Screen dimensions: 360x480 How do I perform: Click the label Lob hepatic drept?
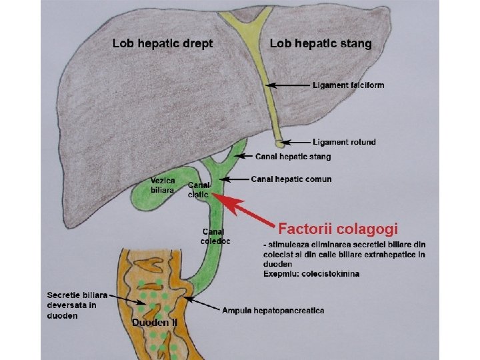163,43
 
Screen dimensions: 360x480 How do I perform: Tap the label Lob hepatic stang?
321,43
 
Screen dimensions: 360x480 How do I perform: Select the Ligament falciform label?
348,85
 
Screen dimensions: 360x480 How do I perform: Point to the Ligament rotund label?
344,142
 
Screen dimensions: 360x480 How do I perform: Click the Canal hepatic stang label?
293,157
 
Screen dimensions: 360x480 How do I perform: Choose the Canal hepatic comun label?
291,179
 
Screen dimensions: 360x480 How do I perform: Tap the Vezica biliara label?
163,185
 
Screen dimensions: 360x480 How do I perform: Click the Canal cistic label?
199,189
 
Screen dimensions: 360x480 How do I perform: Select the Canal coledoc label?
215,236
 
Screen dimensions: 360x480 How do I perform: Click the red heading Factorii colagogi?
337,229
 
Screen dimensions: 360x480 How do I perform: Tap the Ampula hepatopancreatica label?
273,311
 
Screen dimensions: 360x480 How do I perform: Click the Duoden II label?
155,323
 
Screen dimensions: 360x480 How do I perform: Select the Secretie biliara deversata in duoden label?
72,305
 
